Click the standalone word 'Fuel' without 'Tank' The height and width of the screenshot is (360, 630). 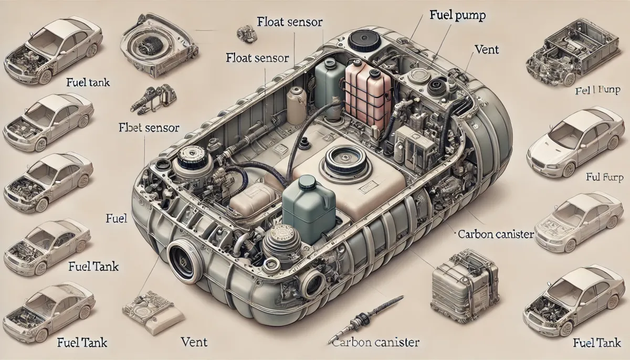(116, 218)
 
